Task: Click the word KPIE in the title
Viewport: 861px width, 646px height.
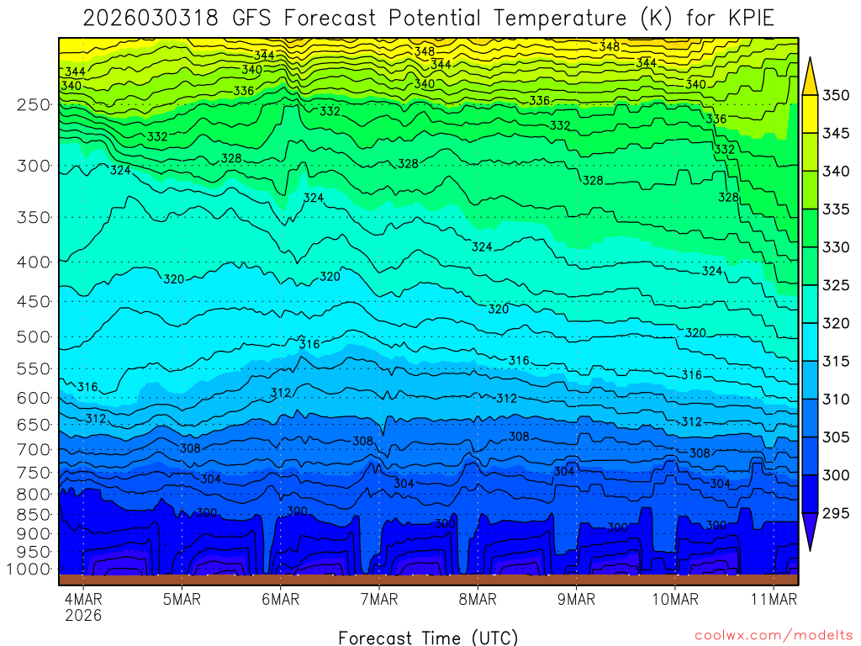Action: tap(747, 18)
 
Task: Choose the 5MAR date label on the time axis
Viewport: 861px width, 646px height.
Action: tap(182, 600)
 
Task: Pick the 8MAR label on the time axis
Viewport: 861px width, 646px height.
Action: tap(478, 600)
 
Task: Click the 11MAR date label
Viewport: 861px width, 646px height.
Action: tap(773, 600)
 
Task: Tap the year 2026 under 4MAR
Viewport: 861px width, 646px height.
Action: tap(83, 616)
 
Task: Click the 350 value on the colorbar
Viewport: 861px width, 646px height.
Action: tap(836, 95)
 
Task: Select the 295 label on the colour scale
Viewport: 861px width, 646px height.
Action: tap(836, 513)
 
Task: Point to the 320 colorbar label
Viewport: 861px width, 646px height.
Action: tap(836, 323)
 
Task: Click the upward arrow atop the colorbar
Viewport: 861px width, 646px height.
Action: tap(810, 74)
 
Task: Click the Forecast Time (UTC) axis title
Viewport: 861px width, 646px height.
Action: tap(428, 637)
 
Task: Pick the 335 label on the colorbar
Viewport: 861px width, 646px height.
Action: tap(836, 209)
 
